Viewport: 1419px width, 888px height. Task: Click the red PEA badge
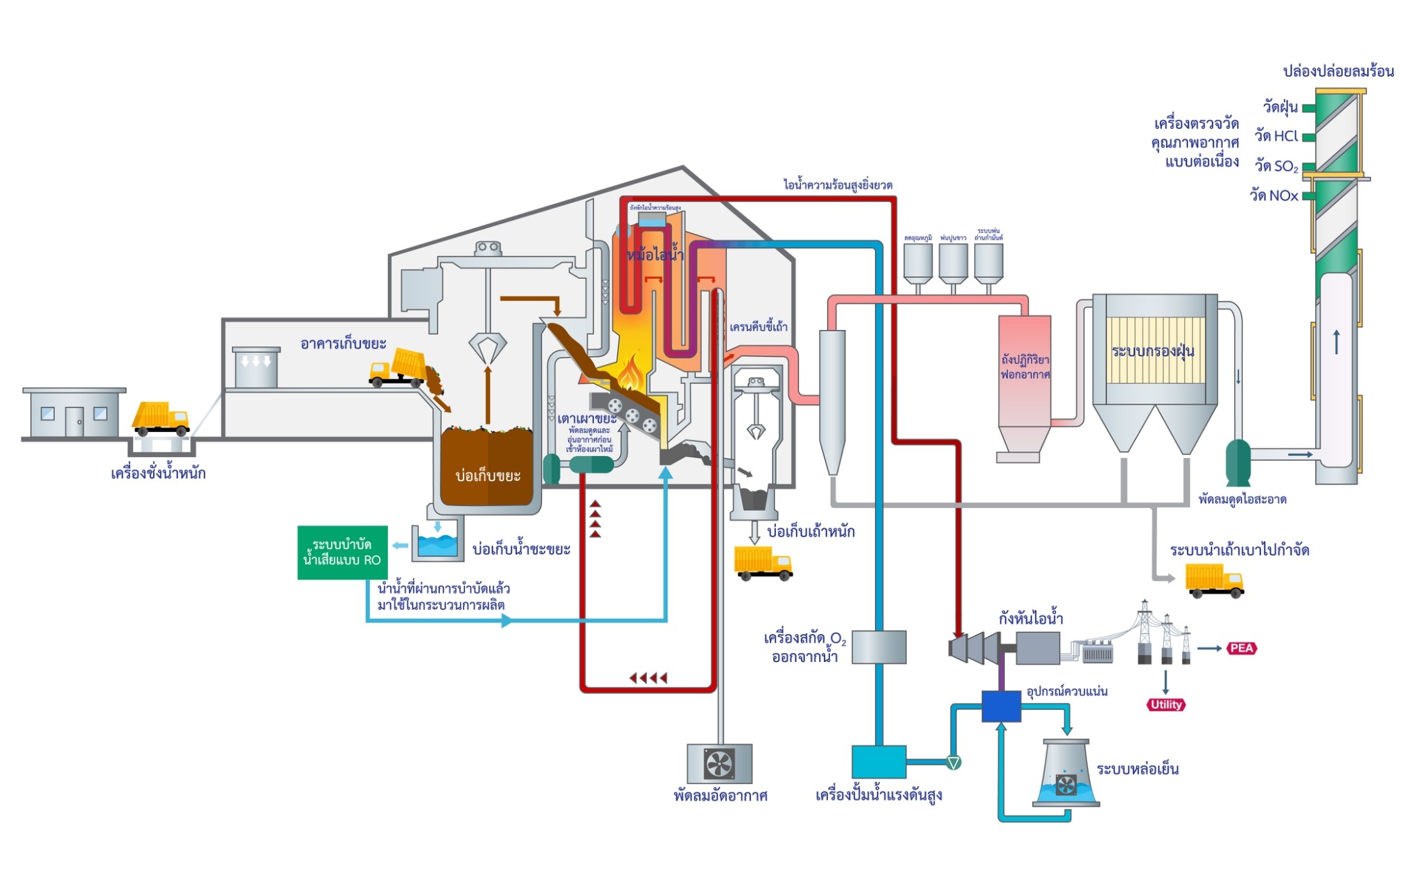click(1241, 648)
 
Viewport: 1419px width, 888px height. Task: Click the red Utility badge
click(1166, 704)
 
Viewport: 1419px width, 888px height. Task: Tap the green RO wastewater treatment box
click(342, 552)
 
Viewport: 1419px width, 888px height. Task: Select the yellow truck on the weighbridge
click(160, 418)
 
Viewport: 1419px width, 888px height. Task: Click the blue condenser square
click(1001, 706)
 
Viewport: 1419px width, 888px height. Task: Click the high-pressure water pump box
click(879, 761)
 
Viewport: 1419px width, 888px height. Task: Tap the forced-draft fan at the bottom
click(719, 764)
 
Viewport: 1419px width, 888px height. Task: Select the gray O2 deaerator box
click(879, 647)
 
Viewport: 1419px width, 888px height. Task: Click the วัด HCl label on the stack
click(1276, 137)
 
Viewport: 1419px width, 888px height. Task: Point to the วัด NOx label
click(1273, 195)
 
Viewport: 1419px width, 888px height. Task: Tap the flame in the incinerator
click(631, 374)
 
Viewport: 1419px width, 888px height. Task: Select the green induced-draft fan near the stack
click(1237, 462)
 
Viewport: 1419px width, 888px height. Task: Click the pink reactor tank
click(1024, 371)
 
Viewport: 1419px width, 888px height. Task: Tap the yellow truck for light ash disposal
click(1214, 580)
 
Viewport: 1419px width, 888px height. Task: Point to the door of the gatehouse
click(74, 421)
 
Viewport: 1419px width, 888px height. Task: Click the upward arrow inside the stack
click(1337, 342)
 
